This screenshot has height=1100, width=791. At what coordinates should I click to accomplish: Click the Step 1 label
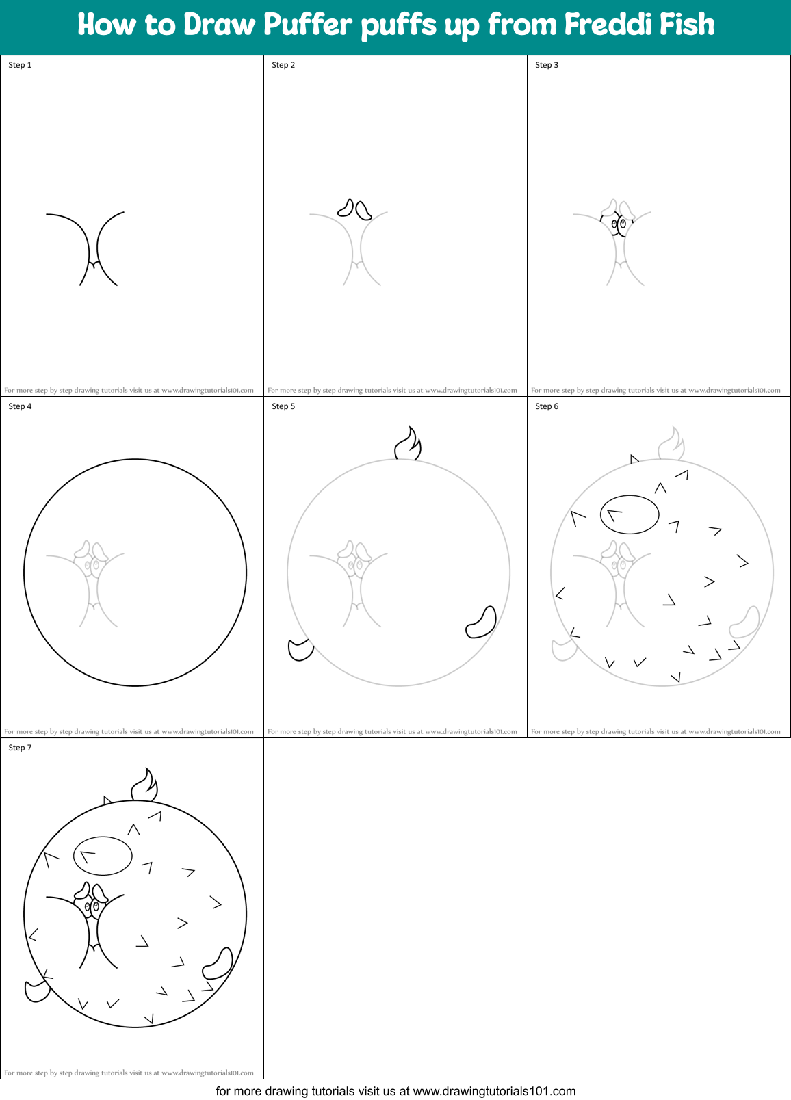point(20,65)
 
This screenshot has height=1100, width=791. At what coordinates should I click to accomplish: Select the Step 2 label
point(283,65)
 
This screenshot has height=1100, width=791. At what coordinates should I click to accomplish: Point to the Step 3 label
point(547,65)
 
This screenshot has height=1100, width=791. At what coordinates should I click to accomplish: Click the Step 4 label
point(20,406)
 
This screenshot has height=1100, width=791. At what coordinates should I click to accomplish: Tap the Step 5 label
point(283,406)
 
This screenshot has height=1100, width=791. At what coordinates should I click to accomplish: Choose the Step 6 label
point(547,406)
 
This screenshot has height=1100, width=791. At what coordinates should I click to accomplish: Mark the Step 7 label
point(20,748)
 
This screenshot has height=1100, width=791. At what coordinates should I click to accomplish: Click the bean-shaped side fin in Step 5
point(482,623)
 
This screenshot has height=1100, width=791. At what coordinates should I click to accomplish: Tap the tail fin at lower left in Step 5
point(300,650)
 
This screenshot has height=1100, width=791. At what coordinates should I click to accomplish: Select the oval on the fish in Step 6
point(630,514)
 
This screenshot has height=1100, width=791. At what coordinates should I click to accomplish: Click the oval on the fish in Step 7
point(103,856)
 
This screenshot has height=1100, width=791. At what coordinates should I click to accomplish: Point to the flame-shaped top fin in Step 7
point(144,787)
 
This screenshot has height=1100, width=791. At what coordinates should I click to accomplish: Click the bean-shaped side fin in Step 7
point(218,965)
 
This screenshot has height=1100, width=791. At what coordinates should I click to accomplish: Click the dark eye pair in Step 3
point(619,223)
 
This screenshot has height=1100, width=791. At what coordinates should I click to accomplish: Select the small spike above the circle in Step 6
point(634,459)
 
